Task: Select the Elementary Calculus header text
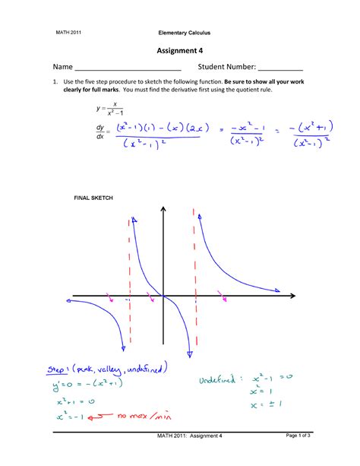tap(184, 33)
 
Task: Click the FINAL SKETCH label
tap(93, 198)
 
